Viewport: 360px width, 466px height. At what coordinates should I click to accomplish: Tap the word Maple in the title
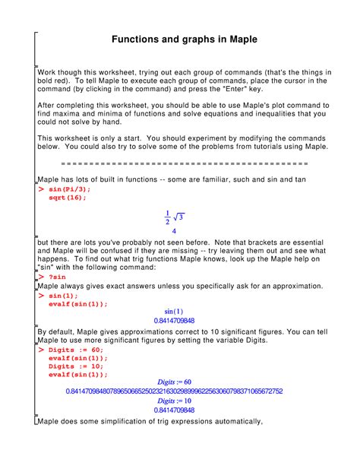pyautogui.click(x=238, y=38)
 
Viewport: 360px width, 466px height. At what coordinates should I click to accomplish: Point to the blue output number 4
pyautogui.click(x=175, y=230)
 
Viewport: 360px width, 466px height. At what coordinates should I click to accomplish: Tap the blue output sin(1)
pyautogui.click(x=174, y=312)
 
